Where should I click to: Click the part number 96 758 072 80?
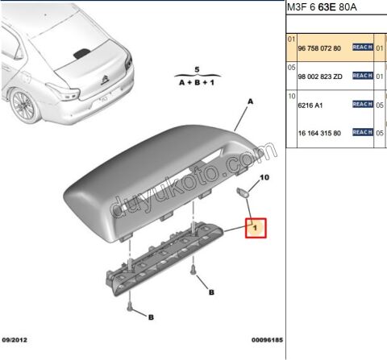(x=318, y=48)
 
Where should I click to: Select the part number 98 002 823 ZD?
(x=319, y=76)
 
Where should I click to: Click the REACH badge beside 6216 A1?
(x=362, y=104)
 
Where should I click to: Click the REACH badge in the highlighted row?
(x=362, y=48)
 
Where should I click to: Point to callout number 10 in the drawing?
(x=265, y=176)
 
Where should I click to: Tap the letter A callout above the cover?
(x=250, y=102)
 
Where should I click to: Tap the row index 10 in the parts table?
(x=291, y=96)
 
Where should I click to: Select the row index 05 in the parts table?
(x=291, y=68)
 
